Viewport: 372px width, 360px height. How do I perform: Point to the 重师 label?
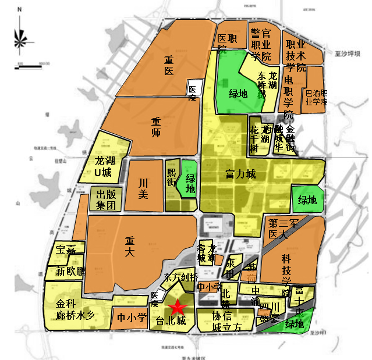[156, 128]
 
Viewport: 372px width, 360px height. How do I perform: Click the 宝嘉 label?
[65, 250]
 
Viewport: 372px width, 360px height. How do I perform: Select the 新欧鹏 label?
[71, 272]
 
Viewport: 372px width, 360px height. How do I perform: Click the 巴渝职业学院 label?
[317, 98]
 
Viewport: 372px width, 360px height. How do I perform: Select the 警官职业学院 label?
[260, 43]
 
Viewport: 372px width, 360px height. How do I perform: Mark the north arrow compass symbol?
[21, 35]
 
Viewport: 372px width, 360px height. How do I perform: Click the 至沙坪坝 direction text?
[347, 53]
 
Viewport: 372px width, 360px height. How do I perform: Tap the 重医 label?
[169, 65]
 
